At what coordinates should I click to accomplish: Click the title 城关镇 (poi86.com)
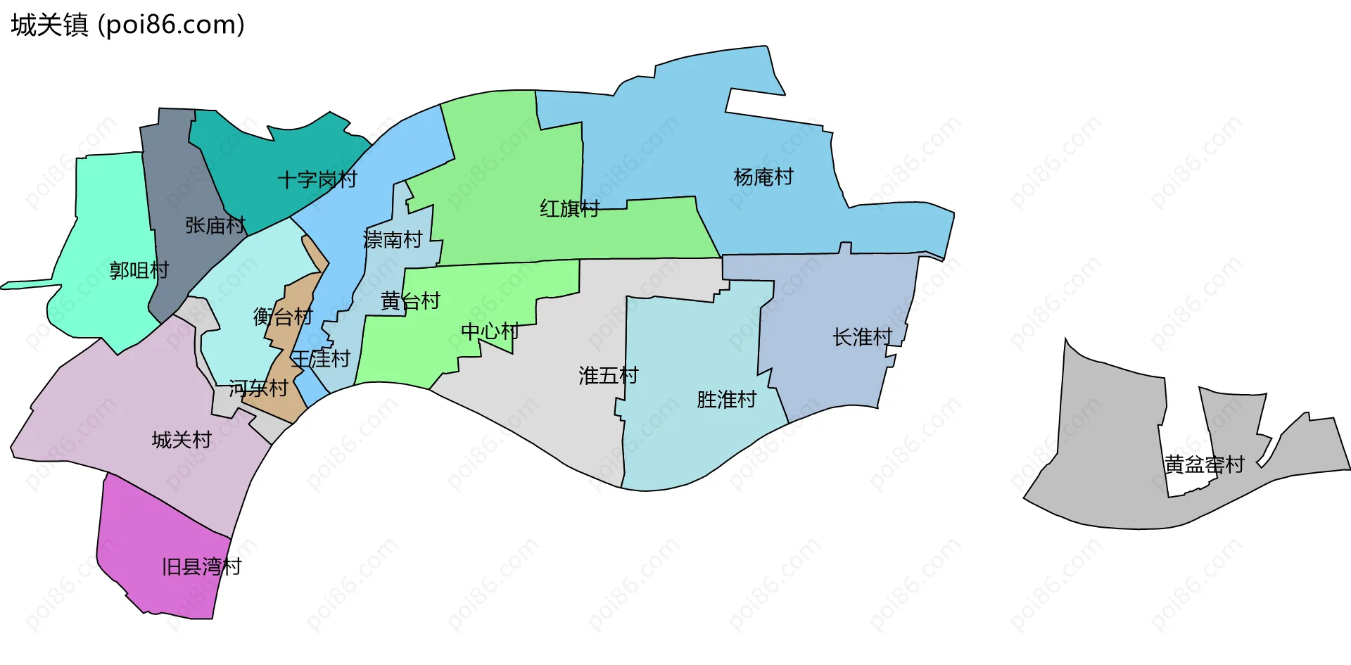pyautogui.click(x=127, y=25)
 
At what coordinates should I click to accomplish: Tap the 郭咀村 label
pyautogui.click(x=139, y=270)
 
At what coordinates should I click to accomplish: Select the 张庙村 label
pyautogui.click(x=215, y=225)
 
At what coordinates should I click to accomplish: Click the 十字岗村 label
pyautogui.click(x=317, y=180)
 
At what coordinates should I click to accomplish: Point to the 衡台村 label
pyautogui.click(x=283, y=317)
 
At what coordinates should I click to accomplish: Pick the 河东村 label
pyautogui.click(x=258, y=388)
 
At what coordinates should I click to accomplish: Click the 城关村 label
pyautogui.click(x=182, y=440)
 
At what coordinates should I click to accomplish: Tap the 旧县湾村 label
pyautogui.click(x=202, y=566)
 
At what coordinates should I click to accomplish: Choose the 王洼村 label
pyautogui.click(x=321, y=359)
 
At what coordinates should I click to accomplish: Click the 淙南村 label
pyautogui.click(x=393, y=240)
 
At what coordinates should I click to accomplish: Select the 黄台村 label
pyautogui.click(x=410, y=301)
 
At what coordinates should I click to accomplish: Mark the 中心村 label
pyautogui.click(x=490, y=331)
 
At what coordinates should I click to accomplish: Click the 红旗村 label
pyautogui.click(x=570, y=208)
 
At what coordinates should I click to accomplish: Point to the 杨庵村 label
pyautogui.click(x=763, y=177)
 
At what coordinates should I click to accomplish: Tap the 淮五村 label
pyautogui.click(x=609, y=376)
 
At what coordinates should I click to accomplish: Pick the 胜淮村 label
pyautogui.click(x=726, y=400)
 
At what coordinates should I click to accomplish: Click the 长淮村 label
pyautogui.click(x=863, y=338)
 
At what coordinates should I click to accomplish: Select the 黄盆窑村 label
pyautogui.click(x=1205, y=465)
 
